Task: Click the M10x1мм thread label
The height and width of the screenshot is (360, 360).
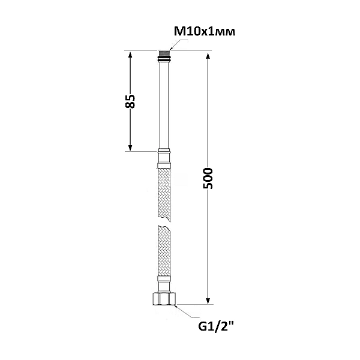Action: pos(205,31)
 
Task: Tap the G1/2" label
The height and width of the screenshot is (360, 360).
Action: pos(217,326)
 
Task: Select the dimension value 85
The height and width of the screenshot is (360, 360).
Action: pos(130,101)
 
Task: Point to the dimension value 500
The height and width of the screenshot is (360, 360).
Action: pos(208,178)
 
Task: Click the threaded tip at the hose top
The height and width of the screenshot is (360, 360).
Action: pos(164,53)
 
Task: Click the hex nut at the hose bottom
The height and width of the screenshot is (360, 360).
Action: pos(164,299)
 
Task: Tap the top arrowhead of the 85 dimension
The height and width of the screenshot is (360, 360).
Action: pos(130,55)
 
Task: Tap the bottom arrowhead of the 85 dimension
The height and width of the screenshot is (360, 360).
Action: pos(130,148)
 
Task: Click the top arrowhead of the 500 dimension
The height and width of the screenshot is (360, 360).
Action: pos(208,56)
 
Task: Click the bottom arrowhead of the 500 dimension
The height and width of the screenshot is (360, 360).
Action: pos(208,301)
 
